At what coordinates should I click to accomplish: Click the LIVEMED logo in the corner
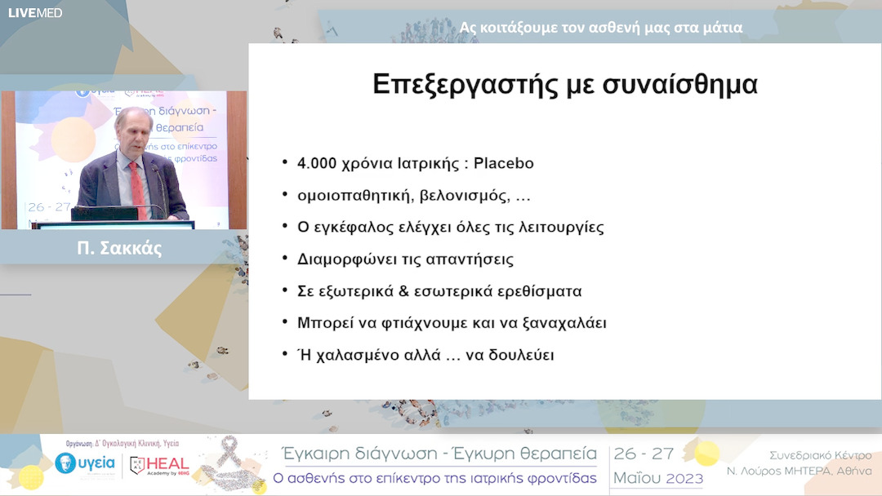[x=35, y=12]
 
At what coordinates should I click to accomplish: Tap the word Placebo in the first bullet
[x=503, y=163]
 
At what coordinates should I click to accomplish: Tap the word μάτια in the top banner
[x=719, y=27]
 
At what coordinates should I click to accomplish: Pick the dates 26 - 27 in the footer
[x=644, y=454]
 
